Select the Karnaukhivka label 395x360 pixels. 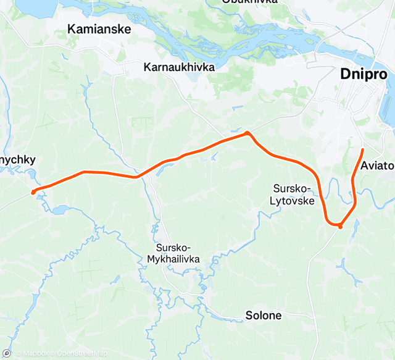(179, 67)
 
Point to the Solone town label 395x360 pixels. (264, 316)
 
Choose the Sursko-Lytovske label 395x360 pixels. (293, 195)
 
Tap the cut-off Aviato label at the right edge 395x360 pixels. (377, 165)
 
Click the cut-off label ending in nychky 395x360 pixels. (18, 160)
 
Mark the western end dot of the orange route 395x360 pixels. (33, 193)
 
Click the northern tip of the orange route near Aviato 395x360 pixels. (362, 150)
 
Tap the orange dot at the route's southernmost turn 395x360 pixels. (340, 226)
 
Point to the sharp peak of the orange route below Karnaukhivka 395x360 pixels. (247, 132)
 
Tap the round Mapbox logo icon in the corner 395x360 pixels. (6, 354)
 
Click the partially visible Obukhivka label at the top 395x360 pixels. (249, 2)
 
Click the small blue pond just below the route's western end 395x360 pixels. (59, 211)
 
